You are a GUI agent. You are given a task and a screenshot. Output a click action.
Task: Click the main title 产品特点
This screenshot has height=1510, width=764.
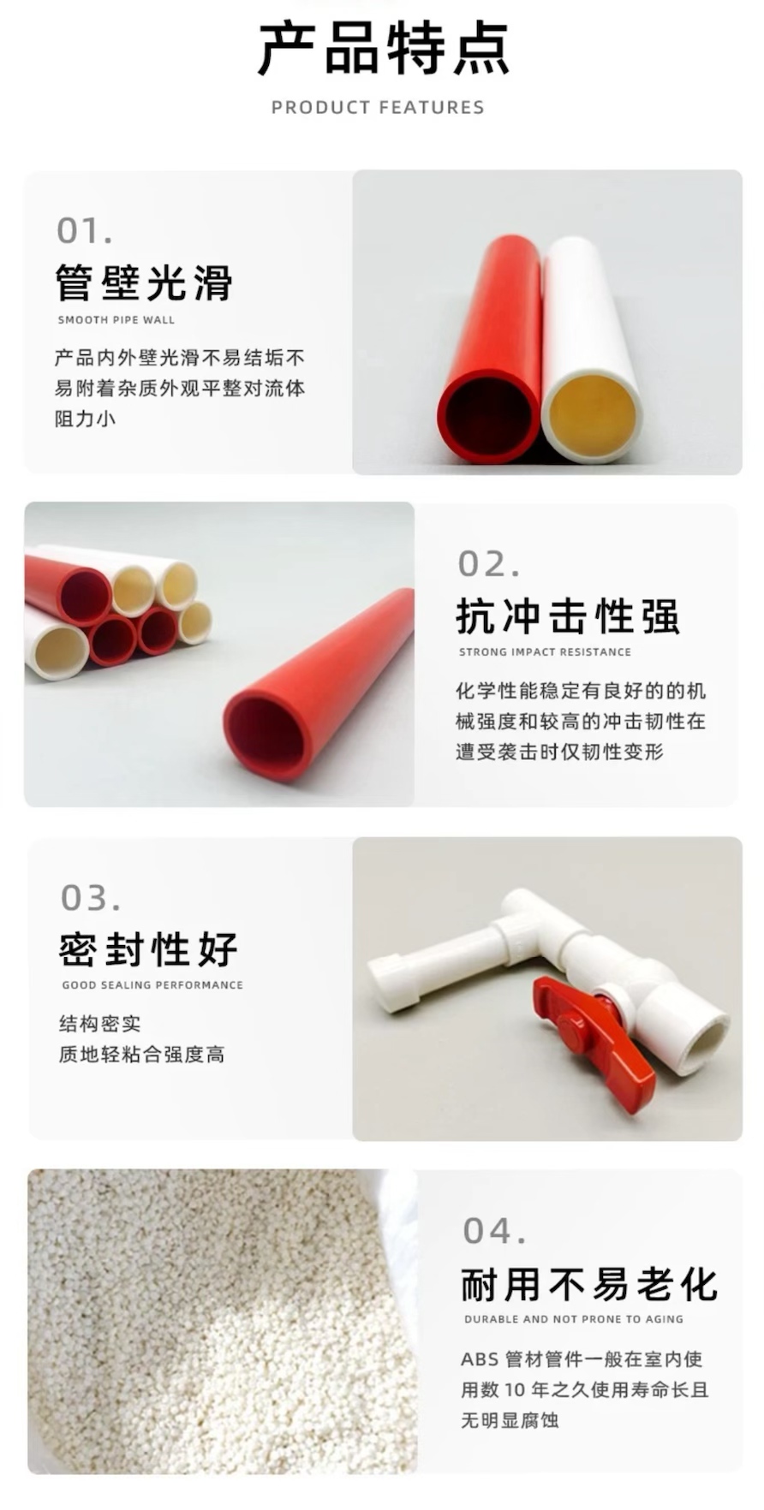tap(383, 50)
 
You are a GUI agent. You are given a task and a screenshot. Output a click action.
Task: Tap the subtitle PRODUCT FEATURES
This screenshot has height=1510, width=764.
tap(378, 108)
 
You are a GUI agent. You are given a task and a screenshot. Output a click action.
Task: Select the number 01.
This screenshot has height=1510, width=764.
tap(84, 230)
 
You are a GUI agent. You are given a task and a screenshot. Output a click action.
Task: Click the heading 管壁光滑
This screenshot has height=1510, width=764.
tap(144, 282)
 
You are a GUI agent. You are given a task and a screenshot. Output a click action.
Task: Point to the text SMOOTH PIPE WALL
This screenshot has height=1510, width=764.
tap(116, 320)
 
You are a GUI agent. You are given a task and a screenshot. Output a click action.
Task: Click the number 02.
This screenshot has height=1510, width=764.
tap(488, 564)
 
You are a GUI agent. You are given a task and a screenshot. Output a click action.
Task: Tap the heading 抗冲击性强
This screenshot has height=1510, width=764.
tap(568, 615)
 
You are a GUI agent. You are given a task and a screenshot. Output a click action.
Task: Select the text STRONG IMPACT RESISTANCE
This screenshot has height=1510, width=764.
tap(545, 652)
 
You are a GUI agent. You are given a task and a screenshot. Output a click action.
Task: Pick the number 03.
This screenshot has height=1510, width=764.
tap(91, 898)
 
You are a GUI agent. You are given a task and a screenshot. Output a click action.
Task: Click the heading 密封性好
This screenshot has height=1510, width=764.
tap(149, 948)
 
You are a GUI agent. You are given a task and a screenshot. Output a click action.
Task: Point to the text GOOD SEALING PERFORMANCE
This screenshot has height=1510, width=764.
tap(152, 985)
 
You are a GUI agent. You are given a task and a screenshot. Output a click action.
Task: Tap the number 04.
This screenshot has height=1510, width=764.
tap(494, 1231)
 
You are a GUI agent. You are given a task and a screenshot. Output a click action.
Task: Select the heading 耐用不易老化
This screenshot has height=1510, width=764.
tap(589, 1284)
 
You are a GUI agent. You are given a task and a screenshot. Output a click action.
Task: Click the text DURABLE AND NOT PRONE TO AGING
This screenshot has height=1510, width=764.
tap(574, 1319)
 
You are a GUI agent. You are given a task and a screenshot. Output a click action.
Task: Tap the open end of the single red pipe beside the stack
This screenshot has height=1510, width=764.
tap(266, 734)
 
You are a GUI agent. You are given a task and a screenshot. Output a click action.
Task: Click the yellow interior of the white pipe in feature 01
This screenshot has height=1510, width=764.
tap(592, 417)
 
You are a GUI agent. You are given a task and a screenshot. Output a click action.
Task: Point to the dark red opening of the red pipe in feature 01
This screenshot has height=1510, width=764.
tap(489, 417)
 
